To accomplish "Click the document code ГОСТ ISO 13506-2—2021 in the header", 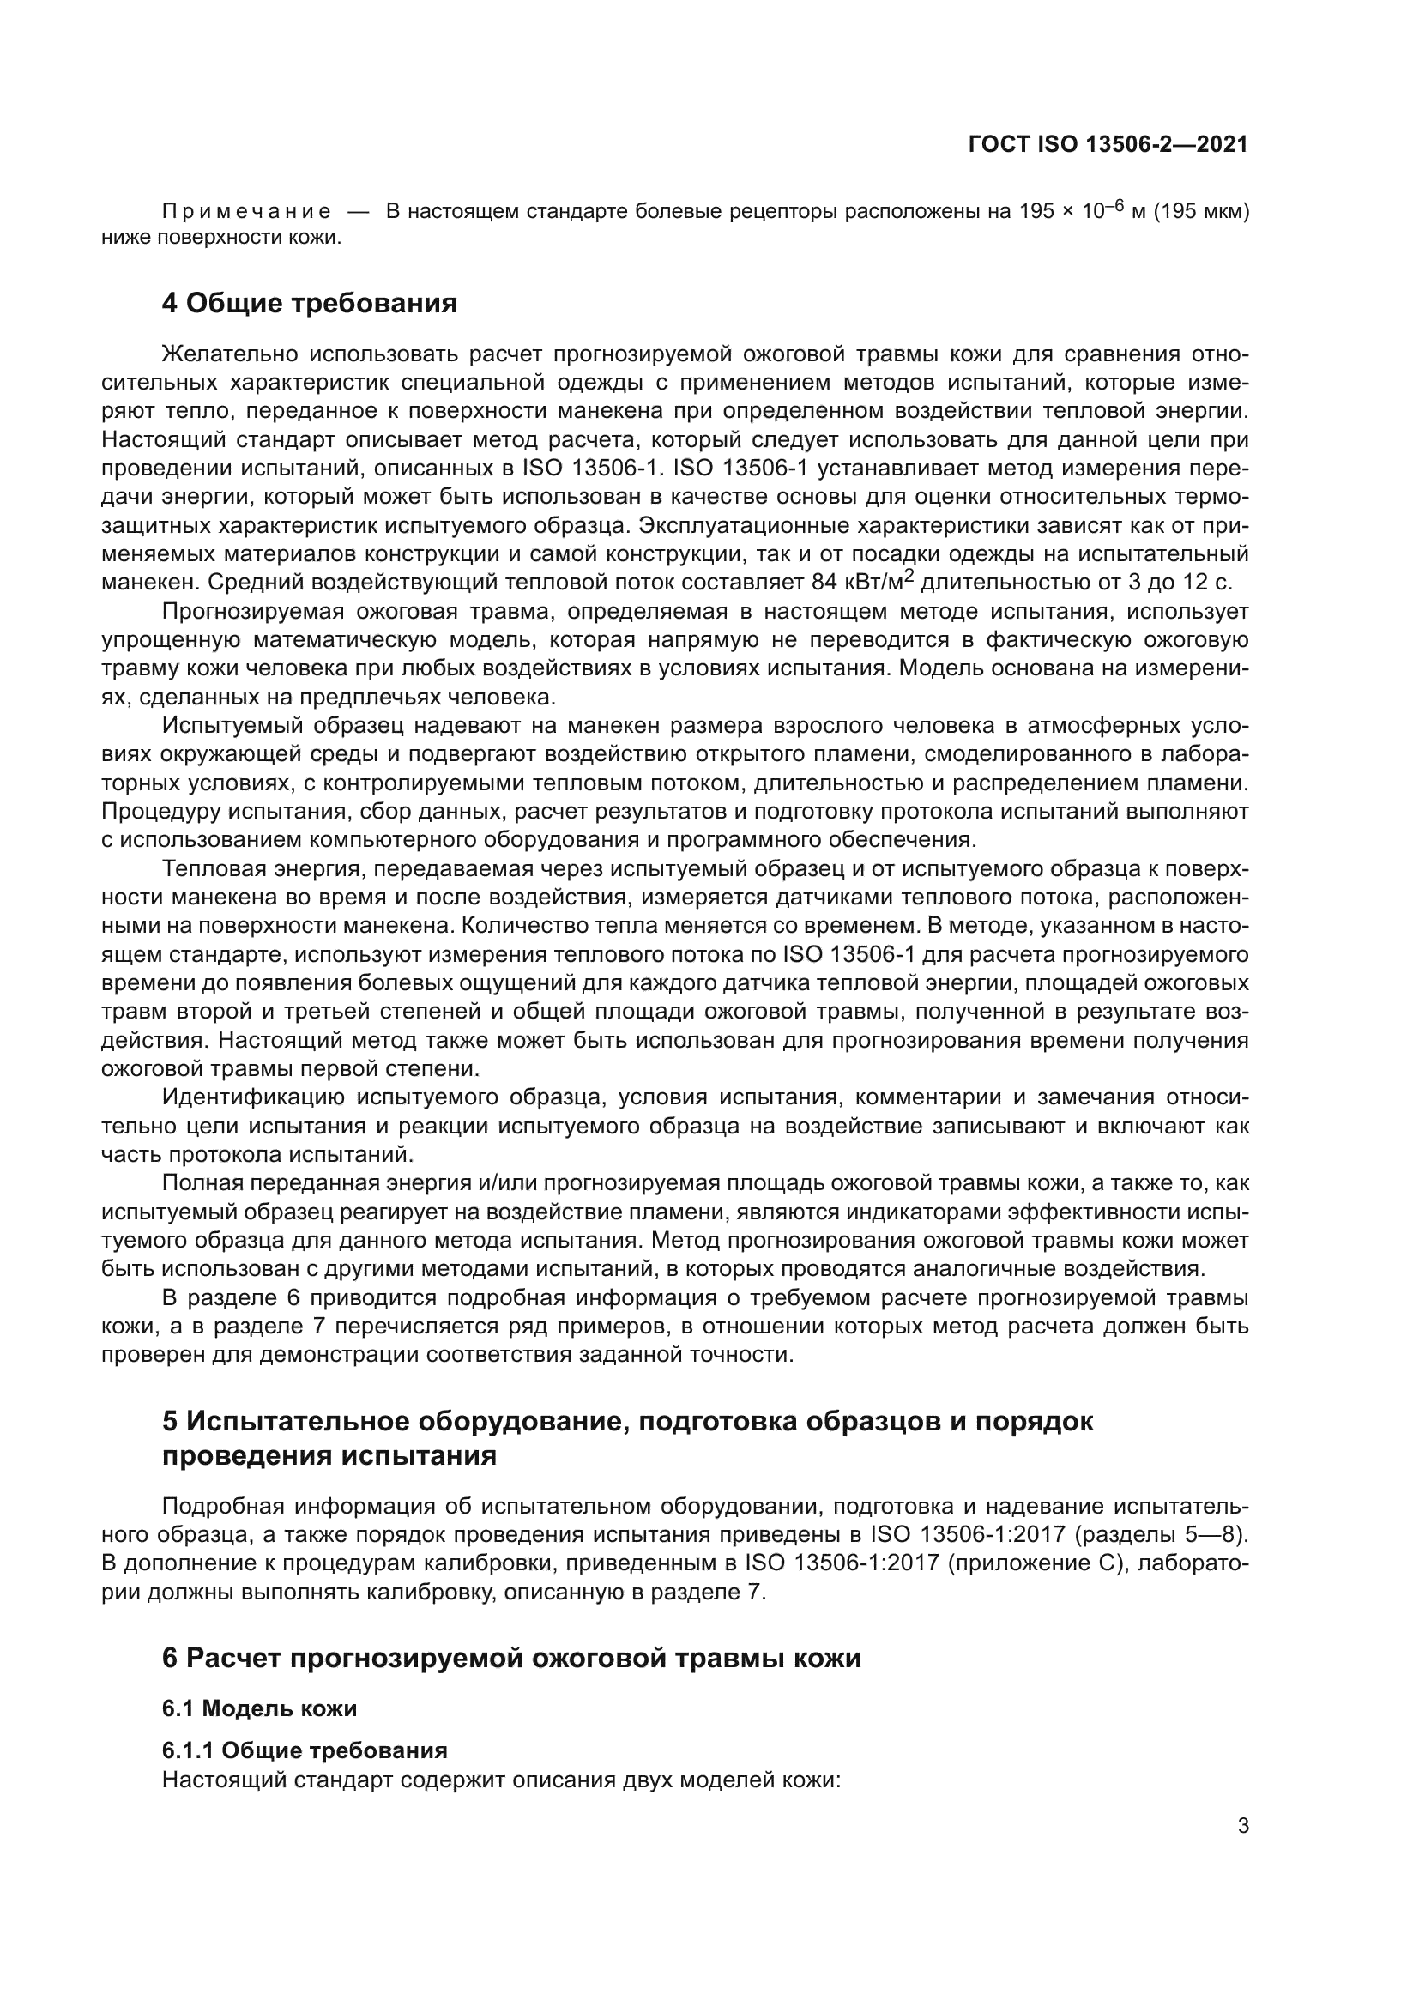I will tap(1108, 144).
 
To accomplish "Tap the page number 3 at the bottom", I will tap(1242, 1826).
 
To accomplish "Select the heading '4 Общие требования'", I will tap(310, 303).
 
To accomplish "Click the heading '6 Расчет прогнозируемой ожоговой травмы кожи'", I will tap(511, 1659).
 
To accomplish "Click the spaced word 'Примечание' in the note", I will tap(246, 212).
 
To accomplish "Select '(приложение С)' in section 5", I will tap(1035, 1563).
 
